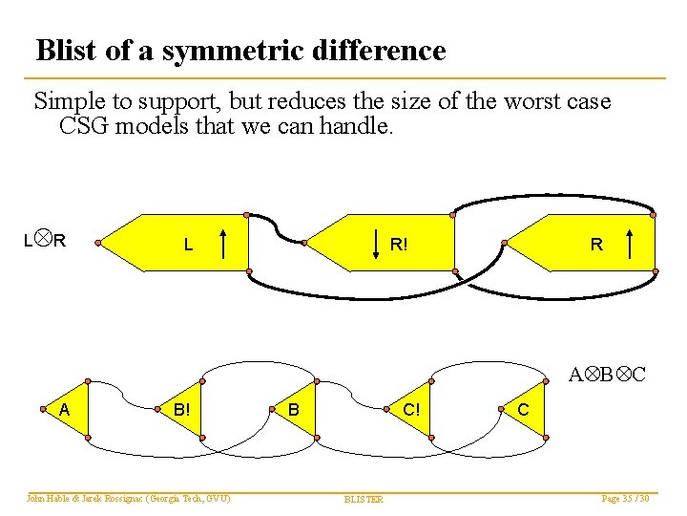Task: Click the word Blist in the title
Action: [x=68, y=50]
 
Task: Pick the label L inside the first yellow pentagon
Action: [x=188, y=245]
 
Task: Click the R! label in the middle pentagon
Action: [x=401, y=244]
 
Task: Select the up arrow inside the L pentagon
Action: [x=222, y=245]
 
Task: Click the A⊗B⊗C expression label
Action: [x=608, y=374]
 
